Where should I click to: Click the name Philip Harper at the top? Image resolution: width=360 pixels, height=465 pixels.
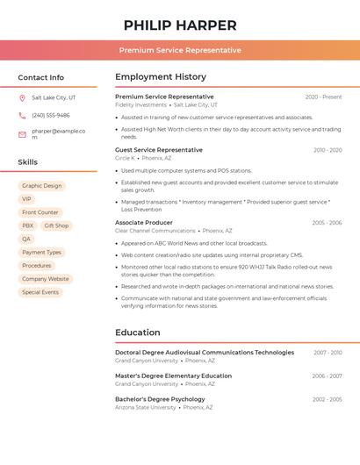point(180,25)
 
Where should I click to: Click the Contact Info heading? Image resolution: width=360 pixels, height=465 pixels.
point(41,77)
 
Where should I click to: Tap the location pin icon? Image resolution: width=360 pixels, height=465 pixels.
point(22,97)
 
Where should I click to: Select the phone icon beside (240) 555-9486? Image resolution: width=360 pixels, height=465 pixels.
point(22,115)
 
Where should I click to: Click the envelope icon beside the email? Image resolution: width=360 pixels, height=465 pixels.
point(22,134)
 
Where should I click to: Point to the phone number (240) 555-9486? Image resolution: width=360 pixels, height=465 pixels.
point(51,115)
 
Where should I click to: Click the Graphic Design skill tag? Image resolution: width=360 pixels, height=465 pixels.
point(42,186)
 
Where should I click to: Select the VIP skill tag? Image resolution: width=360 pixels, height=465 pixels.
point(26,199)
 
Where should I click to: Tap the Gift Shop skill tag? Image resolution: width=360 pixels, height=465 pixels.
point(56,225)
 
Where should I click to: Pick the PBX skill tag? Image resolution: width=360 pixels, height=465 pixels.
point(28,225)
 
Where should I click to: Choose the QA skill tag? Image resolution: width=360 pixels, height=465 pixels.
point(26,239)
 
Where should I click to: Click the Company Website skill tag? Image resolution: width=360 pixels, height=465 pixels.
point(46,279)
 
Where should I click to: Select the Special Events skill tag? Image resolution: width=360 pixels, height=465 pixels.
point(40,292)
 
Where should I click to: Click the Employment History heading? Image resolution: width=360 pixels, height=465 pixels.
point(161,77)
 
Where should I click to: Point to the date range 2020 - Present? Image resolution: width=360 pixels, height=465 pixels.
point(323,97)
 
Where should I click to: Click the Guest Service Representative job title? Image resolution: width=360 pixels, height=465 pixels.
point(159,150)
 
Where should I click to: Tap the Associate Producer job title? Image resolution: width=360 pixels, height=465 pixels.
point(144,223)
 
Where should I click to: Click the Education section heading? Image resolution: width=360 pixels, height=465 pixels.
point(137,333)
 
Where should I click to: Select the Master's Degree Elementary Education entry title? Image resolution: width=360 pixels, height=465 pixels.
point(173,376)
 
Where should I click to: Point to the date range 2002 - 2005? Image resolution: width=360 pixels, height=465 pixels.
point(328,399)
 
